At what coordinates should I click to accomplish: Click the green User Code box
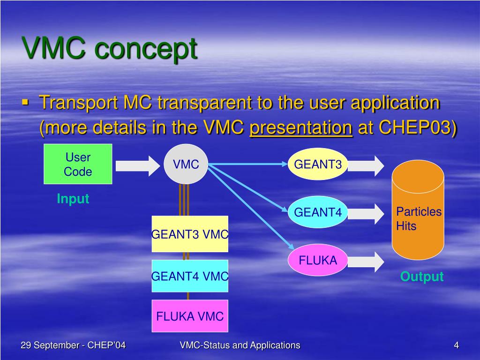[x=78, y=164]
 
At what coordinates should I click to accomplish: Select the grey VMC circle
[x=186, y=164]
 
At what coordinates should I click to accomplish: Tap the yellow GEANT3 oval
[x=318, y=165]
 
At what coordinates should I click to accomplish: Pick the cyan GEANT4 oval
[x=318, y=212]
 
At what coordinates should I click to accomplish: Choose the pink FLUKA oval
[x=318, y=260]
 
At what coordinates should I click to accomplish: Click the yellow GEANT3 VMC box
[x=190, y=234]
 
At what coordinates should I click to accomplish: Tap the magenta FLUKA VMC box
[x=190, y=316]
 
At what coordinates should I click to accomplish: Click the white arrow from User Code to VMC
[x=138, y=165]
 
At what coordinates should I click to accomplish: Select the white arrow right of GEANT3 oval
[x=365, y=165]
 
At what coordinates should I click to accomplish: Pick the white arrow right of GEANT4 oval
[x=365, y=213]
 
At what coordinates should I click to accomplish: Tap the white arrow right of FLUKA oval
[x=365, y=261]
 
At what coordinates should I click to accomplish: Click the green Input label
[x=73, y=199]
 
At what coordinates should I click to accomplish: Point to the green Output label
[x=421, y=277]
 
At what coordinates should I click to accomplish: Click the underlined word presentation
[x=301, y=128]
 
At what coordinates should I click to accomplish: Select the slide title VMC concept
[x=110, y=48]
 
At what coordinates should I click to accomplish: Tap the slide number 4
[x=456, y=345]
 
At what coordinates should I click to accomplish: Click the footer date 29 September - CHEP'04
[x=73, y=345]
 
